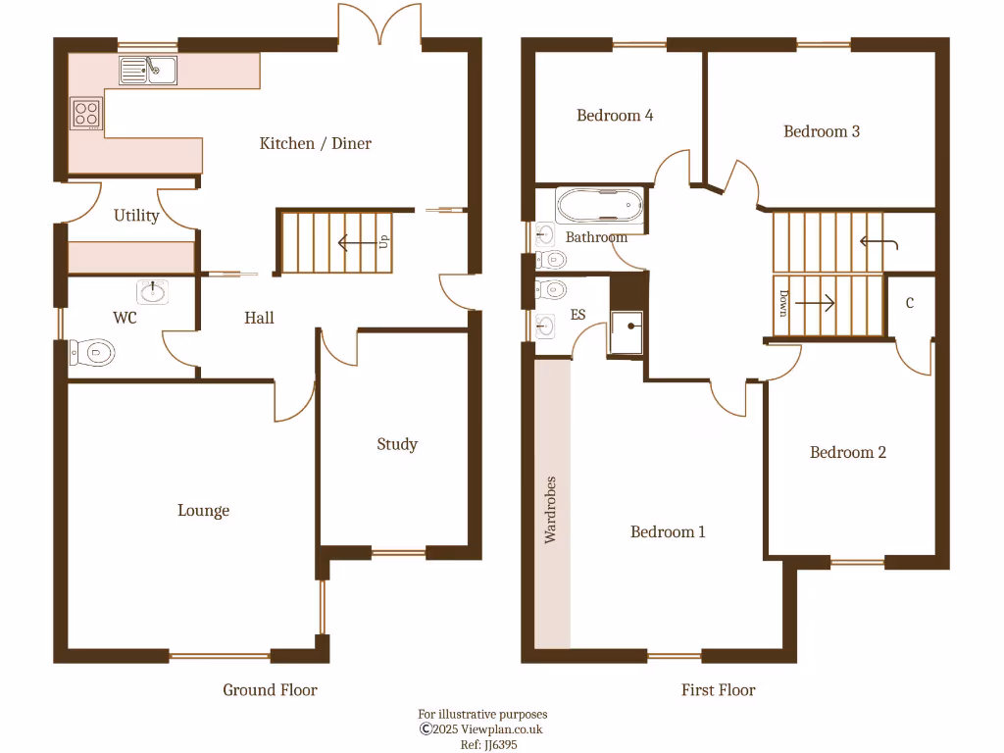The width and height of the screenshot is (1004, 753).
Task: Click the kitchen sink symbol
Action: click(148, 70)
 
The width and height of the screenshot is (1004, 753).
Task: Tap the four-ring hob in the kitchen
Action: click(86, 113)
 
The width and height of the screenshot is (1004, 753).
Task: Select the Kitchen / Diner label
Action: click(315, 143)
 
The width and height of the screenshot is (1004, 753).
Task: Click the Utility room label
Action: click(136, 215)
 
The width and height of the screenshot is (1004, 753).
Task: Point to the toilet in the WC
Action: click(93, 352)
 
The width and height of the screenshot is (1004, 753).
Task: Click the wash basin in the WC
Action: click(153, 291)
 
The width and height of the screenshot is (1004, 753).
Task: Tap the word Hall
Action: click(259, 318)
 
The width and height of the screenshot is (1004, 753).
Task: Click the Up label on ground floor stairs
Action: click(383, 241)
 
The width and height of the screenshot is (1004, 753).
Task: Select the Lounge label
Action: click(203, 510)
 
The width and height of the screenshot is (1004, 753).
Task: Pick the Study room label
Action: click(397, 444)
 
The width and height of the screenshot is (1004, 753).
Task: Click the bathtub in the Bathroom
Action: click(600, 207)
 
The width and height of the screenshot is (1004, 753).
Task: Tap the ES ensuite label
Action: click(577, 316)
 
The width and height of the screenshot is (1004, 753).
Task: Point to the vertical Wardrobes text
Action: click(551, 510)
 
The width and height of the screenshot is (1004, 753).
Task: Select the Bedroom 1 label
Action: click(667, 531)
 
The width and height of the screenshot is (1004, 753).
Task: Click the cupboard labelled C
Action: click(910, 304)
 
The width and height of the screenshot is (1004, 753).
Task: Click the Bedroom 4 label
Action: click(615, 115)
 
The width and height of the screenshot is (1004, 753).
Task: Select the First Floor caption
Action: click(718, 690)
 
